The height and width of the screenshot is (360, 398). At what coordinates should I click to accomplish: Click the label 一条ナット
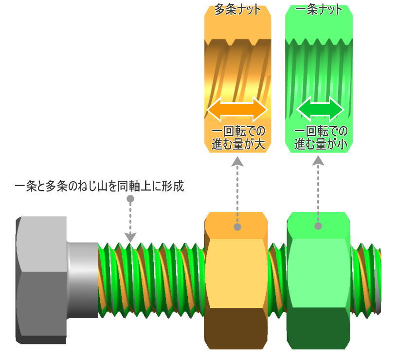click(x=319, y=9)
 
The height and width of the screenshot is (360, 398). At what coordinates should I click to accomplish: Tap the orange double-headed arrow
click(x=237, y=109)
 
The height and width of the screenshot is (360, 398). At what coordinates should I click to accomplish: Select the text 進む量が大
click(x=237, y=144)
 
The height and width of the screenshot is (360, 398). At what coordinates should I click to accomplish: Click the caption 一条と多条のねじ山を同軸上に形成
click(x=100, y=187)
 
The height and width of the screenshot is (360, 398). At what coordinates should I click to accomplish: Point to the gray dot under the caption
click(x=130, y=199)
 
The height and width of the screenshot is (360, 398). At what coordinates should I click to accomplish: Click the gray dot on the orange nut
click(x=237, y=227)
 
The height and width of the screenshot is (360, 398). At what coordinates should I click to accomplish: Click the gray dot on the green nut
click(x=319, y=226)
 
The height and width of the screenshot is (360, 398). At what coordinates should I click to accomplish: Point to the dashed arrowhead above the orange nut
click(x=237, y=161)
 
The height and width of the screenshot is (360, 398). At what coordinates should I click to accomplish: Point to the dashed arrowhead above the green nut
click(x=318, y=161)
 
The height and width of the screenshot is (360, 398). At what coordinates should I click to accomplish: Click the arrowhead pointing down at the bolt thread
click(x=130, y=237)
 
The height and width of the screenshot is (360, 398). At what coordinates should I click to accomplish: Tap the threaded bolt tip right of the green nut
click(x=365, y=280)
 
